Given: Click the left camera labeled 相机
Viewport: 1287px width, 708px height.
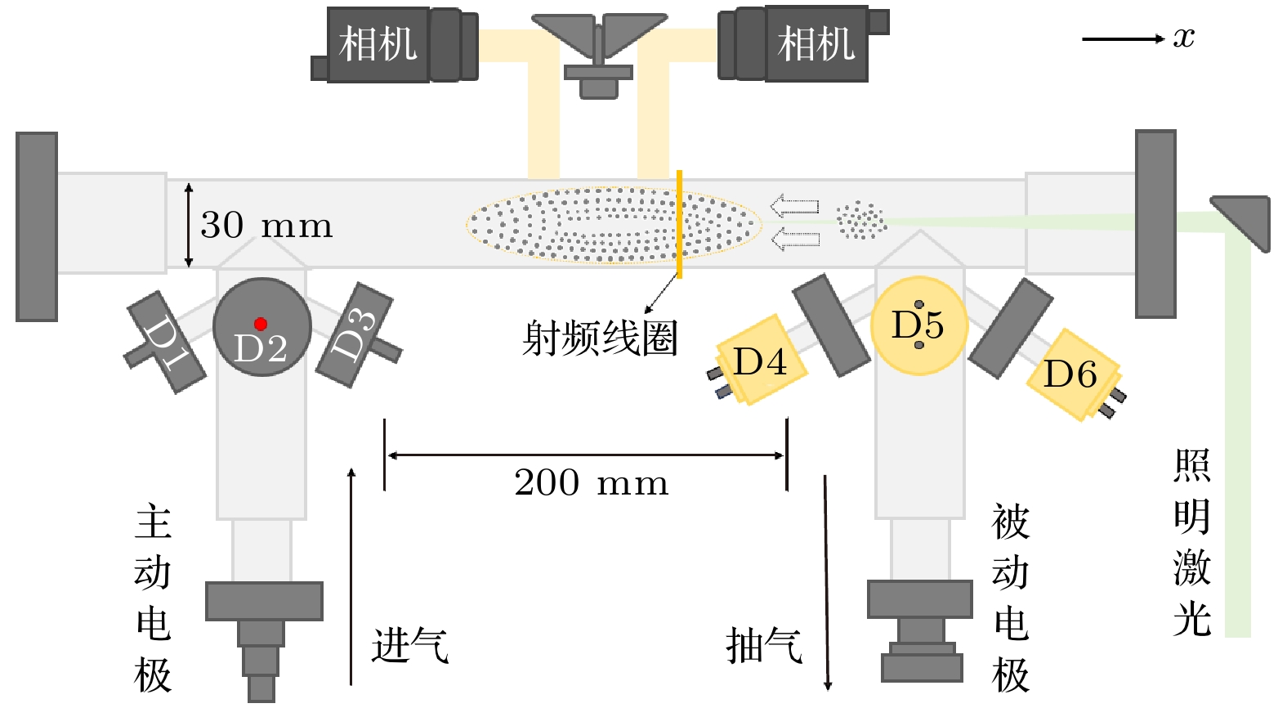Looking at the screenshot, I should (x=378, y=45).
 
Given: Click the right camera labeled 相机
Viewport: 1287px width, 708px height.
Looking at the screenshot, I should (x=816, y=45).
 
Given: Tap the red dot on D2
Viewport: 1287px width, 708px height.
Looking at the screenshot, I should (x=261, y=324).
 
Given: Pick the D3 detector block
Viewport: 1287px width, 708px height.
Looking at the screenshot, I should (x=355, y=334).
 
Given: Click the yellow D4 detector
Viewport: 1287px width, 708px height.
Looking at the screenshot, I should (x=760, y=361).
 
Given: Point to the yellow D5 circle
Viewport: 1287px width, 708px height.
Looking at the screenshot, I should (x=918, y=325).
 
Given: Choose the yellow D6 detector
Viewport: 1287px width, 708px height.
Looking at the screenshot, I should (x=1070, y=374).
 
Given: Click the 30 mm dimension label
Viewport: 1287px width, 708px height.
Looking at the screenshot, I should (x=266, y=226).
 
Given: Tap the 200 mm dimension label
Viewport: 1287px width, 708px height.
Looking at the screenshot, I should (x=591, y=483).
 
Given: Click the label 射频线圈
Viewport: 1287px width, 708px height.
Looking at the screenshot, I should (x=601, y=338).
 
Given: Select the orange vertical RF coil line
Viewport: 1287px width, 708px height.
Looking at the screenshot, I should (x=679, y=224).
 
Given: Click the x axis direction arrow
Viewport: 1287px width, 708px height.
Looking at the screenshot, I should (x=1123, y=38).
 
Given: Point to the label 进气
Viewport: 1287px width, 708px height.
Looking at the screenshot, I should (x=410, y=646).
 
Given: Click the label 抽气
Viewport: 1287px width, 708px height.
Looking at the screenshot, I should (x=765, y=646).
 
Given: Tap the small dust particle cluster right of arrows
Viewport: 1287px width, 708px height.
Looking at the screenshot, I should (x=860, y=219).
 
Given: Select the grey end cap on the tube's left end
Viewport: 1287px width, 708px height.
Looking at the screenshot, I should (x=37, y=226).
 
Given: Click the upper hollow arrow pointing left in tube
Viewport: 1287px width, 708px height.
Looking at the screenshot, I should (x=794, y=205).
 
